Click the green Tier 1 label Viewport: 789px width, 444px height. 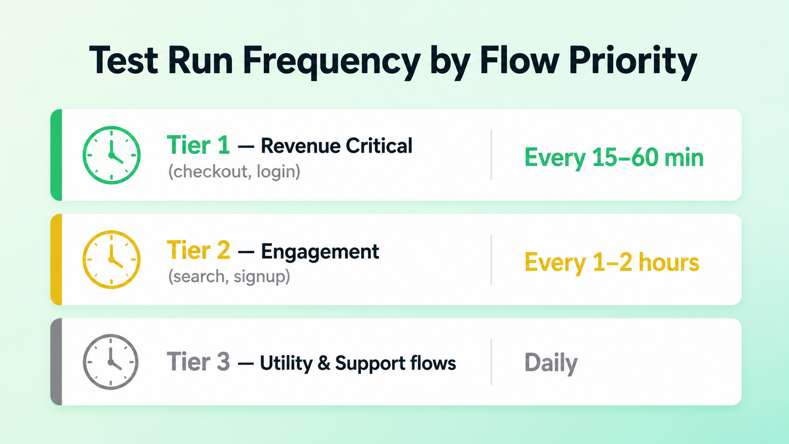(x=198, y=145)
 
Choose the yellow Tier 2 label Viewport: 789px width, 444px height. (x=198, y=250)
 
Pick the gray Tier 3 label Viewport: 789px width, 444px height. (x=198, y=361)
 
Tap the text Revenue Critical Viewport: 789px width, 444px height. (x=336, y=146)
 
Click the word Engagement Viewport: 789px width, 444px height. (x=320, y=252)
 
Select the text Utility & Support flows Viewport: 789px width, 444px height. (x=358, y=363)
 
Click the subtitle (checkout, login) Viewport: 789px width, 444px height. (x=234, y=172)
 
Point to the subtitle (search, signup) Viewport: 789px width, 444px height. (x=229, y=276)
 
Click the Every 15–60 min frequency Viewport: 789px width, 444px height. (x=614, y=158)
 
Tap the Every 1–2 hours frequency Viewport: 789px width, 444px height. (x=612, y=262)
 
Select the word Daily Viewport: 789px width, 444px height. (x=551, y=363)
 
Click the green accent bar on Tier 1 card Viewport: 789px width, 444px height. (x=56, y=155)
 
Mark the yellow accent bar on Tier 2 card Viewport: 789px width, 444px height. (x=56, y=260)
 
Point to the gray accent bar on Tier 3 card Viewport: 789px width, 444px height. (x=56, y=361)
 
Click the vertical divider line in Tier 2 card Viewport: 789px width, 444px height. (x=491, y=260)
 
